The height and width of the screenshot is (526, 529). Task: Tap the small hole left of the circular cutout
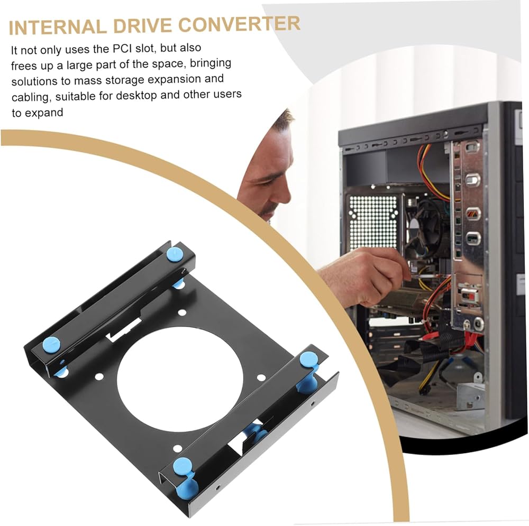pyautogui.click(x=99, y=376)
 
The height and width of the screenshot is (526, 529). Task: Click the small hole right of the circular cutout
pyautogui.click(x=261, y=377)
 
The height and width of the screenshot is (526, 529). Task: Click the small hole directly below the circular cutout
pyautogui.click(x=177, y=449)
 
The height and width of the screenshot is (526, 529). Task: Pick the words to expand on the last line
pyautogui.click(x=37, y=113)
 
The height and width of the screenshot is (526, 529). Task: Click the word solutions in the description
pyautogui.click(x=34, y=82)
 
